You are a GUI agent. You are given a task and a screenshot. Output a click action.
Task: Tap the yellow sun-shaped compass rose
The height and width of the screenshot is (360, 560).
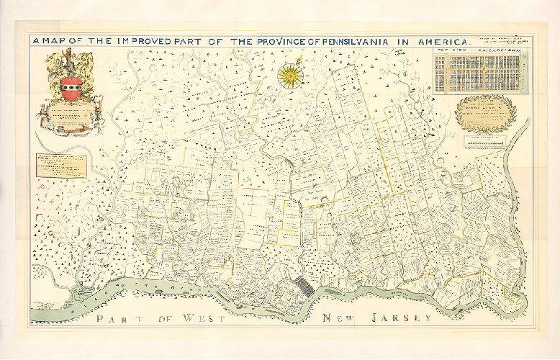[290, 74]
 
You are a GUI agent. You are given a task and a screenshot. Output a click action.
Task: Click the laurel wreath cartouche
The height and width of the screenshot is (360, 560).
[487, 114]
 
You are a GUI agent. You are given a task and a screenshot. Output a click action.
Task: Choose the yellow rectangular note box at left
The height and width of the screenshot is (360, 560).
[62, 166]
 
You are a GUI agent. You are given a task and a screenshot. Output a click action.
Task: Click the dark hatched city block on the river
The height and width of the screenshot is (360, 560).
[307, 286]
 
